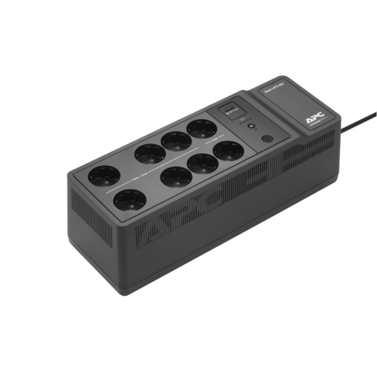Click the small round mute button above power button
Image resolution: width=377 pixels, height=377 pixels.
click(x=251, y=126)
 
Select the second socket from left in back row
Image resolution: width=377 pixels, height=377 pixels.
click(x=148, y=153)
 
